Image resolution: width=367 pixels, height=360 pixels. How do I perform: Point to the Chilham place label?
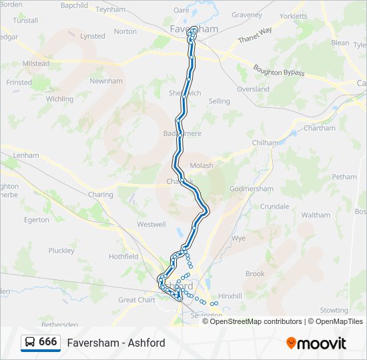[x=265, y=143]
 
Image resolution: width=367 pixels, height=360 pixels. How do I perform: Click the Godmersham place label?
[x=251, y=189]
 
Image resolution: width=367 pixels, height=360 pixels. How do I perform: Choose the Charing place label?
[x=100, y=195]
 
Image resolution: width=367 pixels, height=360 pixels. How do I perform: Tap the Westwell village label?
[x=151, y=225]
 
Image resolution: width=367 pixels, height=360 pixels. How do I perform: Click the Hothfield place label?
[x=123, y=256]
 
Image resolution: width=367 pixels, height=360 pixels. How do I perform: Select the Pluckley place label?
[x=61, y=251]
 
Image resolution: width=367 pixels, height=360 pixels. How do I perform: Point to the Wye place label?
[x=238, y=238]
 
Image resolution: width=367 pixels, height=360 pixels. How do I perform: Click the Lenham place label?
[x=27, y=155]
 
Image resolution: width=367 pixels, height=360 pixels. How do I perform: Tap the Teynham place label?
[x=110, y=9]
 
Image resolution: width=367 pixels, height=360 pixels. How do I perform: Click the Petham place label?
[x=344, y=177]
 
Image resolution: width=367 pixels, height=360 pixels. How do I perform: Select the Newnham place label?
[x=106, y=81]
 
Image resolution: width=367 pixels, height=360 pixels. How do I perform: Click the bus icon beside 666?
[x=30, y=343]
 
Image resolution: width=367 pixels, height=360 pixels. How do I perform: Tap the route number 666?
[x=48, y=342]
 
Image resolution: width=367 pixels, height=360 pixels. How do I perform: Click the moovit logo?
[x=316, y=343]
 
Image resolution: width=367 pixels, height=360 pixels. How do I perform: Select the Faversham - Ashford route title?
[x=116, y=343]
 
